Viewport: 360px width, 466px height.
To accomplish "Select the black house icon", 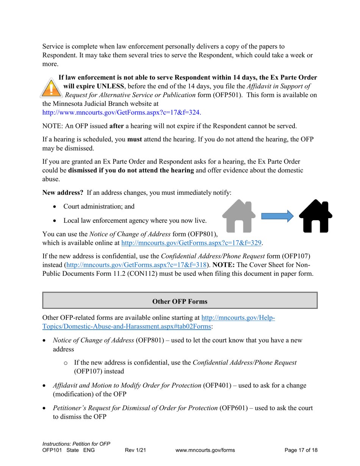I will point(315,216).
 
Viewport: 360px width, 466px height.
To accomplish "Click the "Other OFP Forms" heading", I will point(180,302).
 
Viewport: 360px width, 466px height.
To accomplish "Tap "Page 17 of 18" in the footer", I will point(301,450).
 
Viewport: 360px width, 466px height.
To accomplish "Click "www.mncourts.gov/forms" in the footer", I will point(206,450).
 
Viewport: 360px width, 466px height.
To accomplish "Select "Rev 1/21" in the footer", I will point(135,450).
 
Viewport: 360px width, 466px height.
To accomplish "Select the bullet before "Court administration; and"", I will point(56,207).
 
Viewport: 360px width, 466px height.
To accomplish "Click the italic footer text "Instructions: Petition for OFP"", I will point(76,444).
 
